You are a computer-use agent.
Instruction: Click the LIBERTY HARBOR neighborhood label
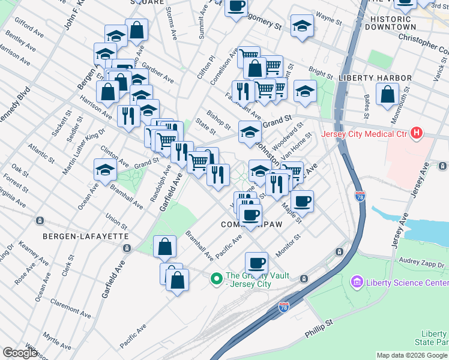[375, 78]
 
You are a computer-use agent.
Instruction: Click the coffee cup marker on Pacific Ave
[256, 262]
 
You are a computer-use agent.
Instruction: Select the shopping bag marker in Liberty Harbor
[387, 93]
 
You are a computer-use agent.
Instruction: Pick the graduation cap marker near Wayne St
[302, 25]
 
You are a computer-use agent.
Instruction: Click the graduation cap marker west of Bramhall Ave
[105, 169]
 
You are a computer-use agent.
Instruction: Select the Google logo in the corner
[20, 353]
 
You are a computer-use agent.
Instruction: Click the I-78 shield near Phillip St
[284, 307]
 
